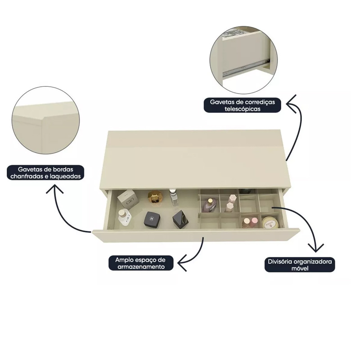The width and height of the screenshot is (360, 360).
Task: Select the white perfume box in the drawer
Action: point(128,199)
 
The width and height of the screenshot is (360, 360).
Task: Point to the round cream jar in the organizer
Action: point(270,222)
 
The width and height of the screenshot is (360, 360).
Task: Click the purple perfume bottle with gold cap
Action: point(209,206)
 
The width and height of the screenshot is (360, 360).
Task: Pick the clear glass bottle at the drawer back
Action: point(174,198)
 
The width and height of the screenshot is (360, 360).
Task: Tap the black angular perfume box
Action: point(180,220)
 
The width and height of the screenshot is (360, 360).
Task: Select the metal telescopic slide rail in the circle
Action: point(246,67)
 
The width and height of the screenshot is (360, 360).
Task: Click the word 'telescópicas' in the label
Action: point(243,109)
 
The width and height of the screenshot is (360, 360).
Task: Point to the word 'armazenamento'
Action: point(141,266)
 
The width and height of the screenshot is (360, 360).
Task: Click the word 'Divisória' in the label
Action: point(279,262)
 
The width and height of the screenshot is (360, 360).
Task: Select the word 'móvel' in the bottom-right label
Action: point(300,268)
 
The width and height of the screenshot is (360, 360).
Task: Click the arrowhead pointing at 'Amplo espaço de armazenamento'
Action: point(183,262)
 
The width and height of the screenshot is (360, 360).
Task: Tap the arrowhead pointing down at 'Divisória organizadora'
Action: point(316,248)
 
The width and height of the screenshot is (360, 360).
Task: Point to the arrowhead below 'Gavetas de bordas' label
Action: point(54,189)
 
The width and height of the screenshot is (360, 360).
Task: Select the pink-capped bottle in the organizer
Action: point(254,222)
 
